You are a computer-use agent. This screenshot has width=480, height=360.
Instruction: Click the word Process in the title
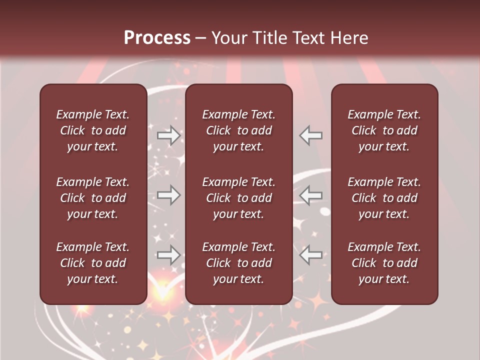157,38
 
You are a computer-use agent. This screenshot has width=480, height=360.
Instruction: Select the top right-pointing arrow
169,135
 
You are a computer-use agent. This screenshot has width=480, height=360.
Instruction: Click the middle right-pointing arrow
169,195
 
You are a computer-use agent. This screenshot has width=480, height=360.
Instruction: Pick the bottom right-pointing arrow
169,255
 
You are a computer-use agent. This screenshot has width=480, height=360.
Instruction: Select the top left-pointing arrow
311,135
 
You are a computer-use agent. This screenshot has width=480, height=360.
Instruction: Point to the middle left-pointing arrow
311,195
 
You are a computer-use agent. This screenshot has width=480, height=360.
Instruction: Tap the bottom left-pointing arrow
311,255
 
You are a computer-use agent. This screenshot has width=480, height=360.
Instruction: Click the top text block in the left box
93,130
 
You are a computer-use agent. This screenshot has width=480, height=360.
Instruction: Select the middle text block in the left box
93,198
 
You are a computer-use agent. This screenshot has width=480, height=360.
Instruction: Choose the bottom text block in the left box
93,263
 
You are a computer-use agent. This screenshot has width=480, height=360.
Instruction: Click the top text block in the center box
239,130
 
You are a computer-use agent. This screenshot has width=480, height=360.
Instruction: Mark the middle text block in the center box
239,198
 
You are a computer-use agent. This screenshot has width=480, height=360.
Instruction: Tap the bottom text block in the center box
239,263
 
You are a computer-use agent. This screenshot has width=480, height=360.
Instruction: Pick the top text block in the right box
384,130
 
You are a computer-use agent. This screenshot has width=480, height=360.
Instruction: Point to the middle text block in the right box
384,198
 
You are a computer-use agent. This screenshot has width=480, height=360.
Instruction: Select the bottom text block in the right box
384,263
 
